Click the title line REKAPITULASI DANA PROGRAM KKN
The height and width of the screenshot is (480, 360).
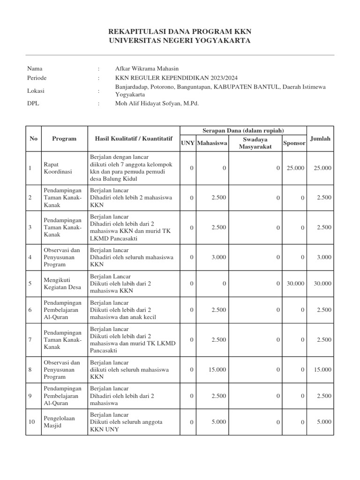point(180,31)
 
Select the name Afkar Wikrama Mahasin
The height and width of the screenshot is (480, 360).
point(147,68)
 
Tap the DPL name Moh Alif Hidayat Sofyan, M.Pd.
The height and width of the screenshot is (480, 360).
point(157,104)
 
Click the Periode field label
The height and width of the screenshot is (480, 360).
point(37,78)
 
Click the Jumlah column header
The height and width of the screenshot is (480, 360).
point(320,138)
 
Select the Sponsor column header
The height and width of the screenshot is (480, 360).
point(294,143)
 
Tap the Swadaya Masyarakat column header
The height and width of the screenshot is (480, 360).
point(255,143)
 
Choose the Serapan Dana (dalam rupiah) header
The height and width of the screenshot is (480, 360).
point(243,130)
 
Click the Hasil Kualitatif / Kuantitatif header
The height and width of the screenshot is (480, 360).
point(134,139)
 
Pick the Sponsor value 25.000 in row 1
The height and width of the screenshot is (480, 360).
point(295,168)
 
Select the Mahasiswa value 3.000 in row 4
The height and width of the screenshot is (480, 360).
point(218,257)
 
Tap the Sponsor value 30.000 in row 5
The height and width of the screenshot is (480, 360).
point(295,284)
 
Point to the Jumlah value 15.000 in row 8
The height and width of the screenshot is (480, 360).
point(322,370)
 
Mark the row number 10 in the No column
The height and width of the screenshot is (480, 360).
point(32,422)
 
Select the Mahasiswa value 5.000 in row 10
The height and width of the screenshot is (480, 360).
point(218,422)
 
